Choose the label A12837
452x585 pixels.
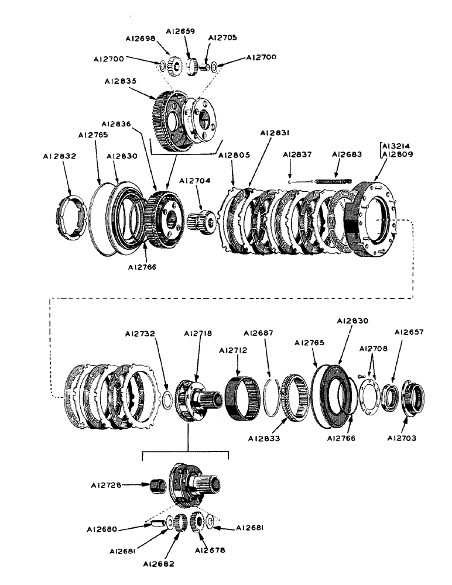[x=296, y=154]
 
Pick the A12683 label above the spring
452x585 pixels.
[x=347, y=154]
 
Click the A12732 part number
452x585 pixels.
[x=141, y=334]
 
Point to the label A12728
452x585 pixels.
[x=107, y=484]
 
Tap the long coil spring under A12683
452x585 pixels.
[x=333, y=181]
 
